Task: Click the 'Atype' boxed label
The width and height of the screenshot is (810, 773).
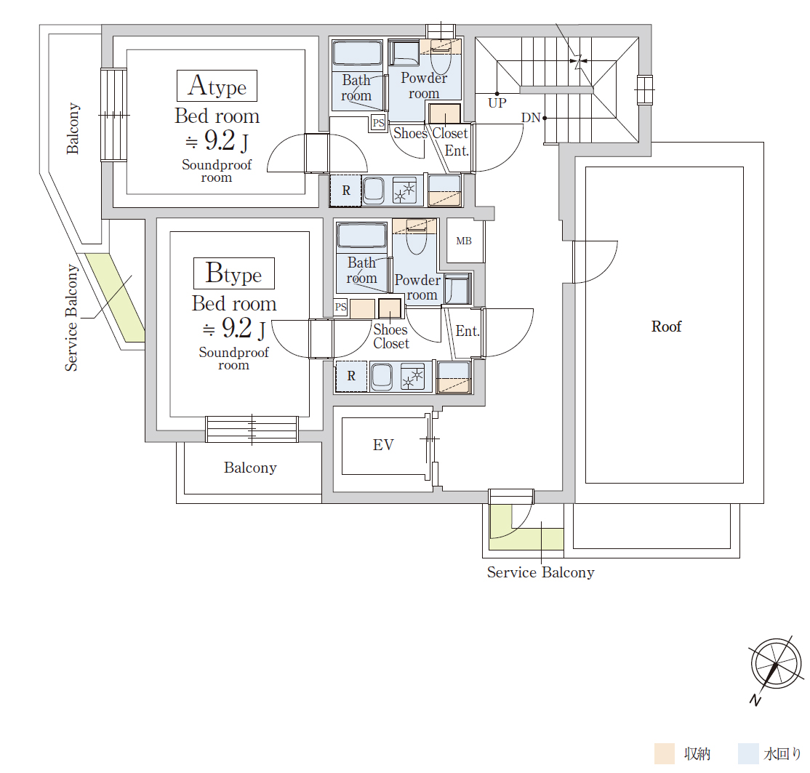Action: [217, 86]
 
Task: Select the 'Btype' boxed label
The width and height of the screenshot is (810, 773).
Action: [234, 273]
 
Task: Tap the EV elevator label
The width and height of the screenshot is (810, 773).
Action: [383, 445]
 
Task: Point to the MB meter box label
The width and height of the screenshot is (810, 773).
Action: [464, 241]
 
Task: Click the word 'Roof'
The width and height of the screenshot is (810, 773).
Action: [666, 327]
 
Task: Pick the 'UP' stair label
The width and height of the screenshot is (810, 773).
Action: [497, 103]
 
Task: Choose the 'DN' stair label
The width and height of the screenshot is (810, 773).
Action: [531, 118]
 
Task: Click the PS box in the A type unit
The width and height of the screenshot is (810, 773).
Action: [379, 123]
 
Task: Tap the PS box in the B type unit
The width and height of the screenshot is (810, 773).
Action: [340, 308]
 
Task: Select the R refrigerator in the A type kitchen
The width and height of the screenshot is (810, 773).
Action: [345, 191]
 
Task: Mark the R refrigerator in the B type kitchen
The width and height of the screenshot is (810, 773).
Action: [351, 376]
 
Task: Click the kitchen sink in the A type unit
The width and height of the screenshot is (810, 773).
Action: [374, 190]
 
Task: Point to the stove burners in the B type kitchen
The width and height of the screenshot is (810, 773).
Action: [413, 376]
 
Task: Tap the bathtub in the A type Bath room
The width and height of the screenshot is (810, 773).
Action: [357, 54]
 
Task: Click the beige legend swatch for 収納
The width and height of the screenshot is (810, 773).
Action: [665, 753]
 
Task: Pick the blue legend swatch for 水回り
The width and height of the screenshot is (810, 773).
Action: [748, 753]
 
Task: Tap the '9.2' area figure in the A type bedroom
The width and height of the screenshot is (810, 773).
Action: [220, 140]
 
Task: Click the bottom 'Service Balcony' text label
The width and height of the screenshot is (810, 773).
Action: [541, 572]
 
